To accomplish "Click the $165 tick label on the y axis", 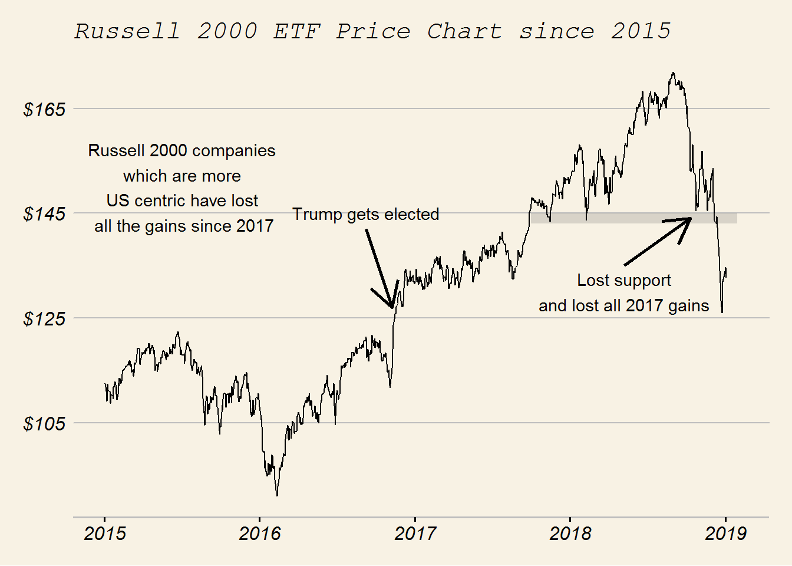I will [x=44, y=110].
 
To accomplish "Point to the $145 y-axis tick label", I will [x=44, y=214].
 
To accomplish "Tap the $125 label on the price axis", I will [x=44, y=319].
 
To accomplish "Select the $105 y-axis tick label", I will [x=44, y=424].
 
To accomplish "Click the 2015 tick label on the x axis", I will [x=105, y=534].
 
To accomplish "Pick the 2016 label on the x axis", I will [x=260, y=534].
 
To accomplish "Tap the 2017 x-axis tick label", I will [x=415, y=534].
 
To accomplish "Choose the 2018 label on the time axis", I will [x=570, y=534].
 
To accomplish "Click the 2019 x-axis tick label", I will [x=725, y=534].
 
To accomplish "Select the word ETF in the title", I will [x=297, y=31].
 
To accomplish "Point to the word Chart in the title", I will [x=464, y=31].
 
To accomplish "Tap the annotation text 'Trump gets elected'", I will [x=365, y=214].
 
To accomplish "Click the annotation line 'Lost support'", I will [x=623, y=280].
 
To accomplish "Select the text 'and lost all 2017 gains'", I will [x=623, y=305].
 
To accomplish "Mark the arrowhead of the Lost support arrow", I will [x=690, y=219].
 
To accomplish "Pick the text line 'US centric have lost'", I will [x=182, y=201].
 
